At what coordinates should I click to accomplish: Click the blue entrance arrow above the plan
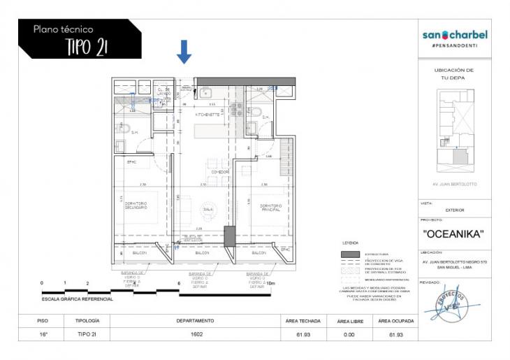coord(184,51)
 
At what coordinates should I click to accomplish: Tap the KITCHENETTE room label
coord(207,113)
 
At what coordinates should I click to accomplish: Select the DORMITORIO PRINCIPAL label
coord(270,206)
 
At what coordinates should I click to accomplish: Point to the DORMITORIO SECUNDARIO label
coord(136,206)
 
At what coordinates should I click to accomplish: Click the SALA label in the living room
coord(207,208)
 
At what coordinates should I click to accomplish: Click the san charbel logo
coord(455,35)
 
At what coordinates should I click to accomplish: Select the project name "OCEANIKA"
coord(455,234)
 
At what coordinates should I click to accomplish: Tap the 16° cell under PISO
coord(43,335)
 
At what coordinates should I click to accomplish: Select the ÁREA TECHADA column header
coord(303,321)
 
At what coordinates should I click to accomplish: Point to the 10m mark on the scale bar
coord(272,283)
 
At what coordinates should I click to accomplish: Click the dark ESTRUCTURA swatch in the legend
coord(350,254)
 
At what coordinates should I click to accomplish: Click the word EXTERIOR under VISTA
coord(455,210)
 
